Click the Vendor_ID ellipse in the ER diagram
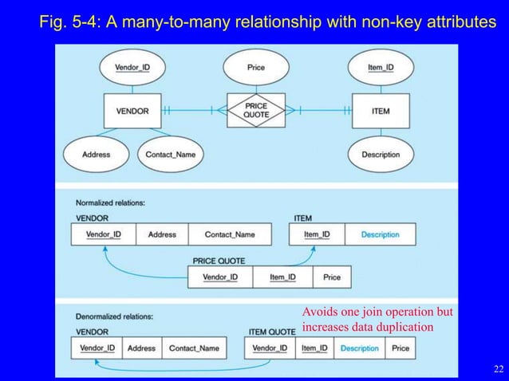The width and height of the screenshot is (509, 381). tap(132, 68)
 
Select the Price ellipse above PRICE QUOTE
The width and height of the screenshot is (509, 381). tap(256, 68)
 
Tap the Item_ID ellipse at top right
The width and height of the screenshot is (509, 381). tap(381, 68)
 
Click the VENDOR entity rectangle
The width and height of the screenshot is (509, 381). tap(132, 112)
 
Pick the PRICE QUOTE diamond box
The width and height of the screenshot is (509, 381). tap(256, 112)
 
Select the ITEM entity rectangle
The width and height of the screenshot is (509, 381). tap(381, 112)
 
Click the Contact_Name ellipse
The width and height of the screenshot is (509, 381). tap(170, 154)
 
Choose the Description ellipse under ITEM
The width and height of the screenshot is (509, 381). tap(381, 154)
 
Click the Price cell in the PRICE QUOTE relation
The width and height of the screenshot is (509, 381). tap(332, 277)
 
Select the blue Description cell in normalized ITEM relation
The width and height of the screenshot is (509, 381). tap(380, 234)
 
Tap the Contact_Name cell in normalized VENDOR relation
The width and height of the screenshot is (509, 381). tap(230, 234)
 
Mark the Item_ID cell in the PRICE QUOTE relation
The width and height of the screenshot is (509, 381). tap(282, 277)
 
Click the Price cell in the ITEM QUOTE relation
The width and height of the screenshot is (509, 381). tap(400, 348)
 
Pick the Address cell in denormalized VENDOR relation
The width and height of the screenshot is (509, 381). tap(141, 348)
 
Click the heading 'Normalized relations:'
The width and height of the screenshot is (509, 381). tap(110, 203)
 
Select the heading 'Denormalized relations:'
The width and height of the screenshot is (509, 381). tap(115, 316)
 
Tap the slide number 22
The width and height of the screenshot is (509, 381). tap(499, 368)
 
